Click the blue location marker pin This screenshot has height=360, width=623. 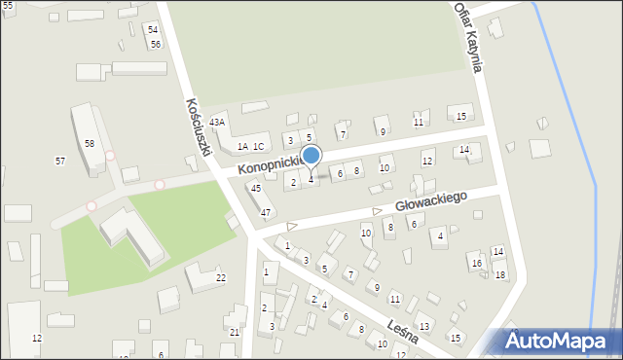[x=311, y=157]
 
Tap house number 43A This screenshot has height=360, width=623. [x=217, y=122]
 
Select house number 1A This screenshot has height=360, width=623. [x=242, y=147]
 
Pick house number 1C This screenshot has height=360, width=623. [x=258, y=147]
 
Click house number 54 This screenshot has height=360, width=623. [x=153, y=30]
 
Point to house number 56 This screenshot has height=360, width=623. [x=156, y=45]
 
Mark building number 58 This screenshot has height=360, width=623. [x=90, y=144]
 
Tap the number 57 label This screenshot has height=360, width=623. [x=60, y=161]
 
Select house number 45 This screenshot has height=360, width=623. [x=255, y=189]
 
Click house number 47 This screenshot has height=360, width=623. [x=265, y=212]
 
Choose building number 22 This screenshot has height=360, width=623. [x=221, y=278]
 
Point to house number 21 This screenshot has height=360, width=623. [x=235, y=333]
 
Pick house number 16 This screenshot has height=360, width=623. [x=476, y=264]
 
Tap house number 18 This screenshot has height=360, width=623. [x=500, y=275]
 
